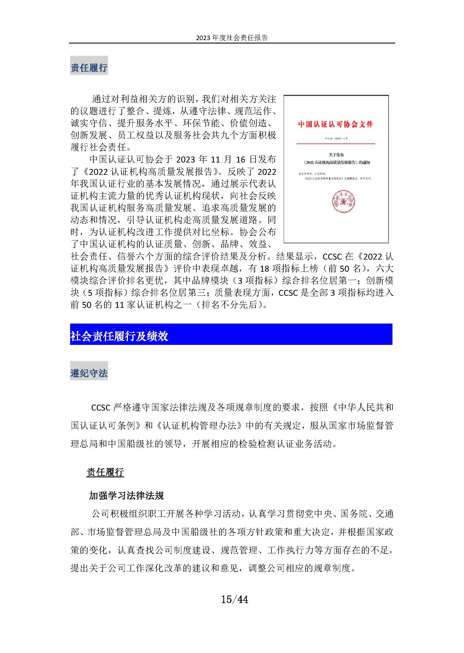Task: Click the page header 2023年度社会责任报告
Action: tap(232, 38)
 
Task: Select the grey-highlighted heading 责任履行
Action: tap(89, 68)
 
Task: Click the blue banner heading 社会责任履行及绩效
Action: tap(119, 336)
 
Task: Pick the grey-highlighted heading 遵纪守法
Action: tap(89, 373)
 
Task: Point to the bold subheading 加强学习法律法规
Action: tap(126, 495)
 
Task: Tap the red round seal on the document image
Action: tap(343, 201)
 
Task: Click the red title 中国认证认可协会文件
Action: tap(336, 124)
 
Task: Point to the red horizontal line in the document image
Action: tap(336, 143)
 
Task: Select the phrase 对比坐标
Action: tap(211, 232)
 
